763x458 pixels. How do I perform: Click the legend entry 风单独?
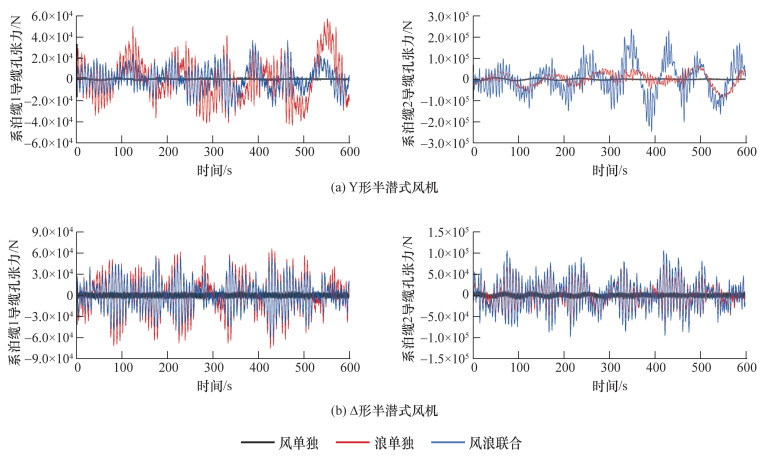tap(296, 441)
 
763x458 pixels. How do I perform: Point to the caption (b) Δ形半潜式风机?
tap(381, 411)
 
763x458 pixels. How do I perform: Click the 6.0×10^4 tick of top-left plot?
tap(48, 17)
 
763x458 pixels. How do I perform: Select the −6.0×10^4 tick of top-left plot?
tap(45, 143)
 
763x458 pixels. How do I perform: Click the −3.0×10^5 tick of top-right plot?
tap(446, 143)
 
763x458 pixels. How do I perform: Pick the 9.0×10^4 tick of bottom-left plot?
tap(48, 232)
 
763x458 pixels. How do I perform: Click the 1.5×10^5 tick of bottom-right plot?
tap(449, 232)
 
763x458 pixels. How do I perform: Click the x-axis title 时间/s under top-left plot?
tap(213, 171)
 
